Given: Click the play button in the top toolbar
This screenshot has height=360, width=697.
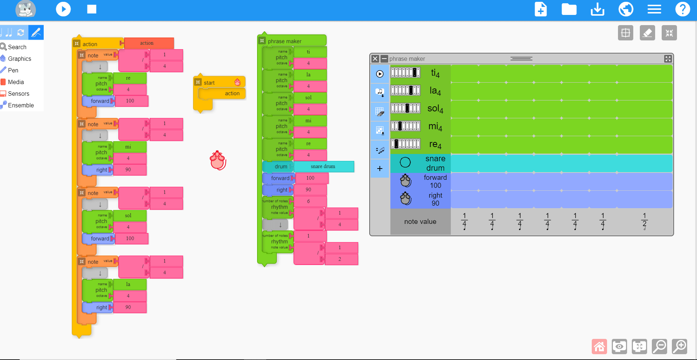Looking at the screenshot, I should pos(63,9).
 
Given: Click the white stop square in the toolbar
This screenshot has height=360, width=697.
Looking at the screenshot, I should pos(92,9).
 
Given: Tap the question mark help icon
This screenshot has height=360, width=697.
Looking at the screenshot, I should pos(682,9).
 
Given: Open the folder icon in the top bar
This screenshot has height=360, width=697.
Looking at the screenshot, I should pos(569,9).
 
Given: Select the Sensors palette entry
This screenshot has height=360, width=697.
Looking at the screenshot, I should pos(19,94).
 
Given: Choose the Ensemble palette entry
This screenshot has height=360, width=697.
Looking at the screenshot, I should pos(21,105).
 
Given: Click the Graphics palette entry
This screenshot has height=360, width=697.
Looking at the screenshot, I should pos(19,59).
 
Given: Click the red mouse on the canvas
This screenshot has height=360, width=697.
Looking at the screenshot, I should pos(218,161).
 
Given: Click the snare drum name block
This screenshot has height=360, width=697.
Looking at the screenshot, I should pos(323,166).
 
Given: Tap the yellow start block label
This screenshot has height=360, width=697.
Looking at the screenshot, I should pos(209,83).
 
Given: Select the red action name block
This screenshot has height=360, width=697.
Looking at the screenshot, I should pos(147,43).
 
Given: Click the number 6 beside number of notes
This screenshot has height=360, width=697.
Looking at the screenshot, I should pos(308,201).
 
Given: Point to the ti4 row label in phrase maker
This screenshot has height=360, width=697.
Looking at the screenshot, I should pos(435,73).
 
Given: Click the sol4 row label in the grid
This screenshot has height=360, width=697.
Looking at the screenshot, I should pos(435,108).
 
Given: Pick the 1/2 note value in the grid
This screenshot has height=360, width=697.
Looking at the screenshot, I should pos(644,221).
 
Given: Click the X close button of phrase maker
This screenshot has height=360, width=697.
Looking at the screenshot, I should pos(375,59).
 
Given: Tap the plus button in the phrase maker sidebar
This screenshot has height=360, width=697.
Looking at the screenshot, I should pos(380,169).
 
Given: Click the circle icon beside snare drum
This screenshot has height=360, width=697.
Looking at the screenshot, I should pos(405,162).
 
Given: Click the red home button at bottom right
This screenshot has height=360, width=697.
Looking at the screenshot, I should pos(599,346).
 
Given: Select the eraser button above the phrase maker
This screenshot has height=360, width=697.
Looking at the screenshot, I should pos(647,33).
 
